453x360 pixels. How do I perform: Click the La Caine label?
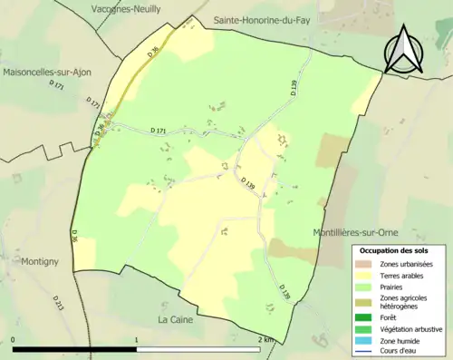pos(177,320)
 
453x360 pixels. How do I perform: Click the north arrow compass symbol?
pos(402,49)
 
